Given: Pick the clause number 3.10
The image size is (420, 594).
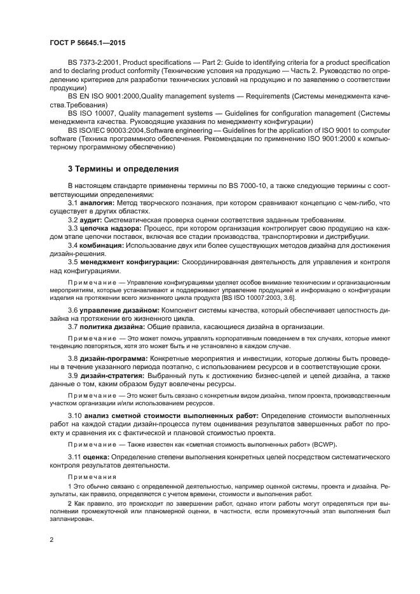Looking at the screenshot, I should (x=75, y=415).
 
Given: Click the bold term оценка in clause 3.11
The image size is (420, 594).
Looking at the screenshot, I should (x=96, y=457).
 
